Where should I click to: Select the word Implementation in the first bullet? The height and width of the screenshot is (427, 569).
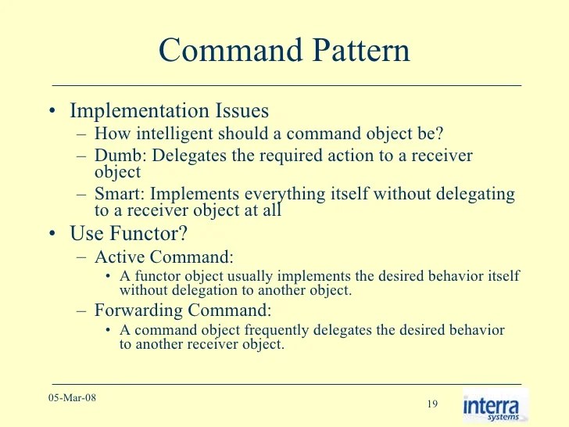point(136,111)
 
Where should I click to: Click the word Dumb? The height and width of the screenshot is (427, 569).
point(120,155)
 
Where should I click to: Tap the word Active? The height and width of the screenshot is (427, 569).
point(117,257)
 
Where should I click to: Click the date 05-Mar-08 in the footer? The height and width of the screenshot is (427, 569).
point(73,398)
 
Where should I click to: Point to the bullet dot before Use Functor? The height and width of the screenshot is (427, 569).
point(51,234)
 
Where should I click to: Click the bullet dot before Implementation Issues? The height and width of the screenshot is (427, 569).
point(51,112)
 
